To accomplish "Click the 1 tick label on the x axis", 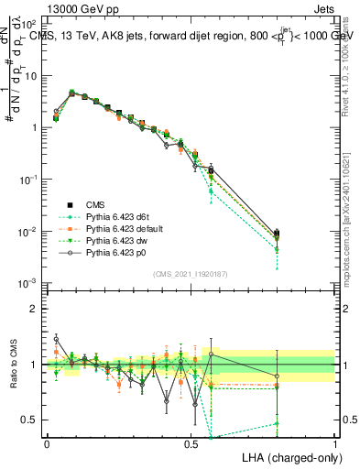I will pyautogui.click(x=334, y=442).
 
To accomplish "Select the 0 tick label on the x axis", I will pyautogui.click(x=47, y=442).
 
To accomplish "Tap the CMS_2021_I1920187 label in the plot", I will pyautogui.click(x=191, y=273).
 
